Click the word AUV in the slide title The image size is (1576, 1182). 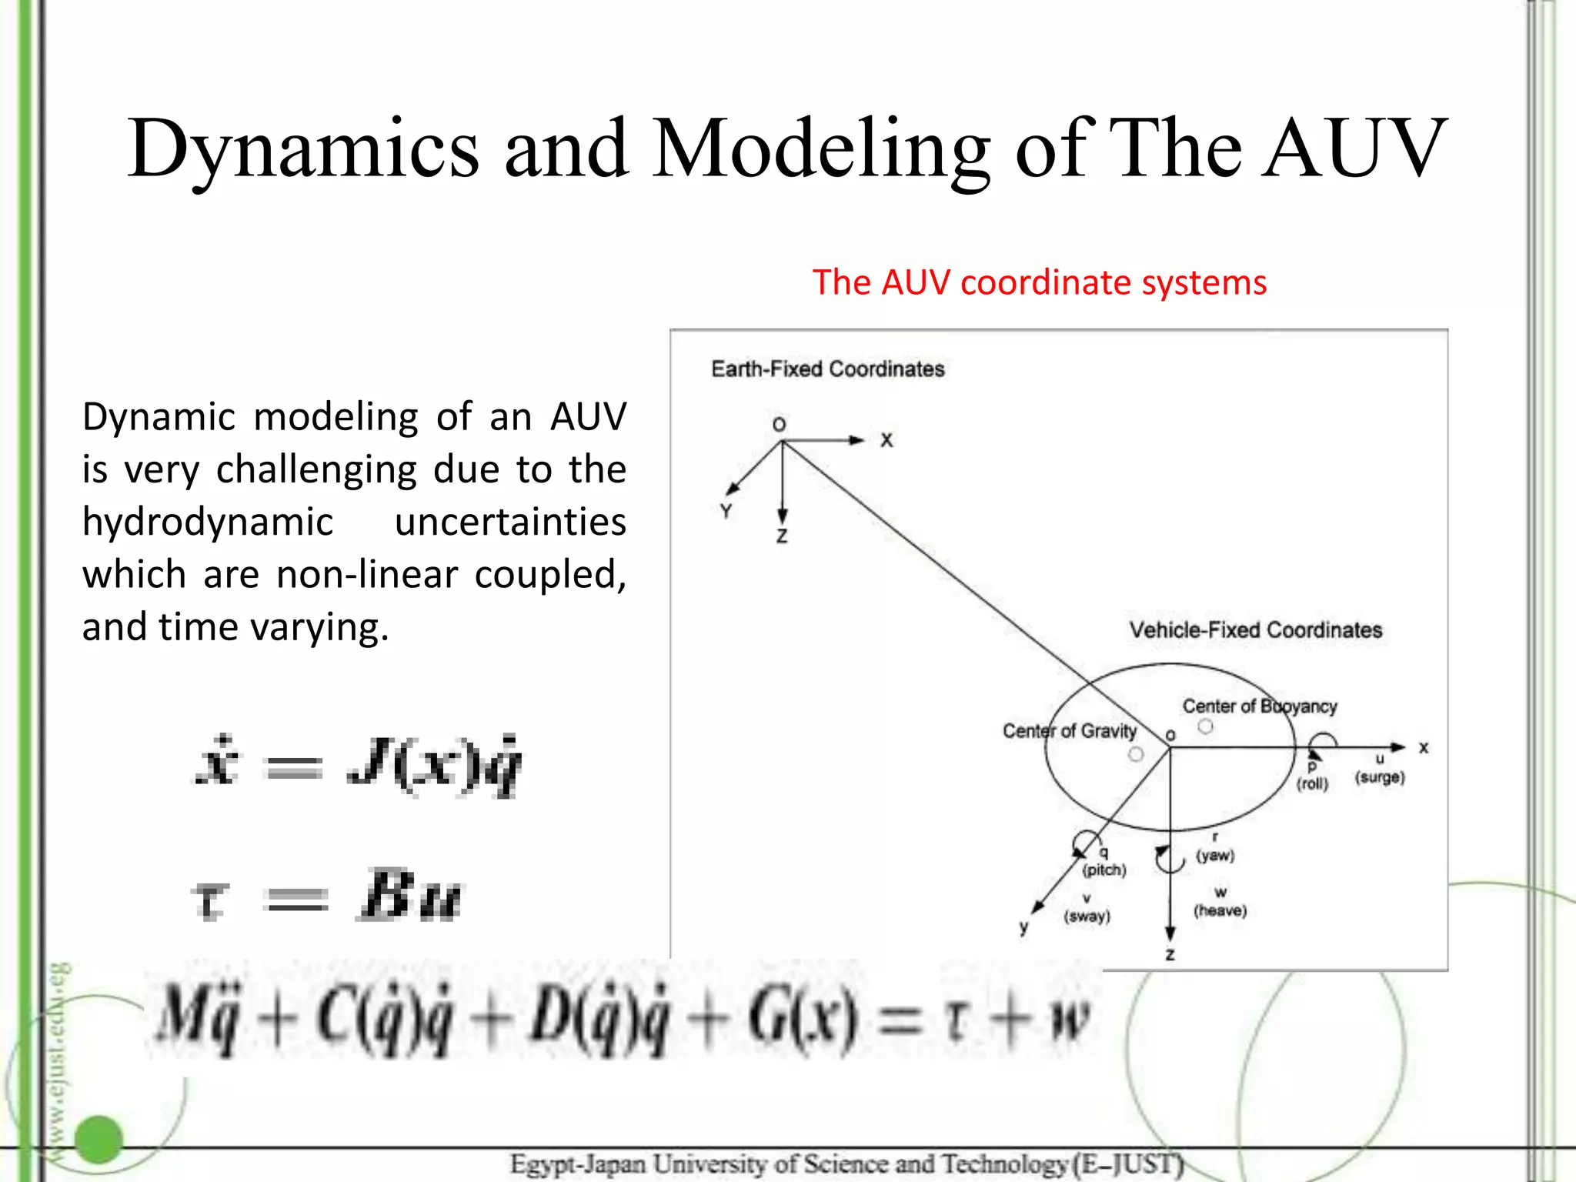point(1354,148)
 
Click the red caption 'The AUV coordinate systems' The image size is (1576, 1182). point(1039,282)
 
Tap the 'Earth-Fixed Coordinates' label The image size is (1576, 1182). point(827,369)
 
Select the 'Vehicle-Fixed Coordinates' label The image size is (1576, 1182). point(1255,630)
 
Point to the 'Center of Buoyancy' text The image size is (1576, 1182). point(1259,706)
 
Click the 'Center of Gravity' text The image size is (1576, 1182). point(1069,731)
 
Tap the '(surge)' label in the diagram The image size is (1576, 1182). point(1380,777)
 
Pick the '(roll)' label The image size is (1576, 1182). point(1312,784)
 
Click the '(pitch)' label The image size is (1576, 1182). point(1104,870)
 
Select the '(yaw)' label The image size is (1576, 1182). point(1215,855)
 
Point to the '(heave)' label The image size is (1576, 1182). point(1220,911)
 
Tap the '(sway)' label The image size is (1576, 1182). point(1087,917)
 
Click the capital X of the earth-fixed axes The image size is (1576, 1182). point(886,440)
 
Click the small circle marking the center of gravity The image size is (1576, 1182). point(1136,755)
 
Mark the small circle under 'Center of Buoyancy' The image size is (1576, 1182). point(1206,726)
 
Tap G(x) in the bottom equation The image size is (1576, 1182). point(800,1020)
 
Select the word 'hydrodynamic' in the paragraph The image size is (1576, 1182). point(208,523)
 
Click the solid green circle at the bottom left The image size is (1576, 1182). point(99,1139)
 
